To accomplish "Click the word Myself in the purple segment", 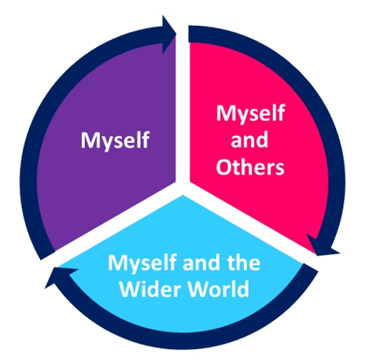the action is point(115,141).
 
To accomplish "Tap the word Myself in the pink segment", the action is point(250,114).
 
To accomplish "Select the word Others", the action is point(250,167).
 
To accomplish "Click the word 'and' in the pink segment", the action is point(249,139).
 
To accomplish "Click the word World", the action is point(219,288).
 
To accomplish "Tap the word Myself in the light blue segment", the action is point(143,263).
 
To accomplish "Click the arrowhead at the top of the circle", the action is point(168,34).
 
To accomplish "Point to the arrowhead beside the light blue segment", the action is point(61,277).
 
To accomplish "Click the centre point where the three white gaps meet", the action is point(182,187).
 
